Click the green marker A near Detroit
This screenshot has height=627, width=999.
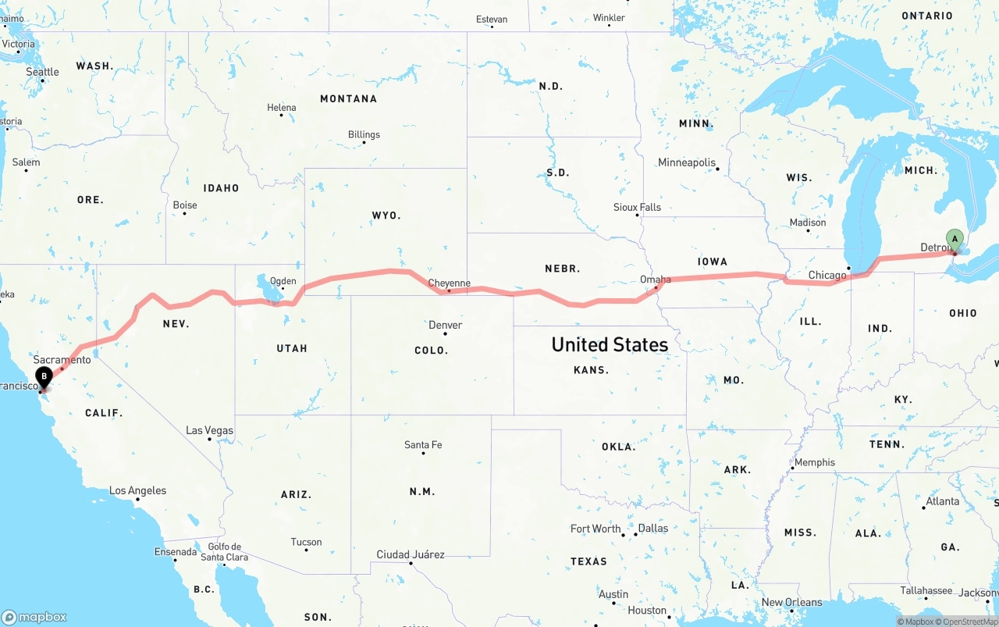click(x=954, y=240)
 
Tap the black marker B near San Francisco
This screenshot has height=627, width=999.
click(x=44, y=377)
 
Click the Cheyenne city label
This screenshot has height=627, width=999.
click(x=449, y=283)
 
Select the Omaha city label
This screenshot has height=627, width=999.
click(x=655, y=279)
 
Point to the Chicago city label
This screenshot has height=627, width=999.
click(x=827, y=275)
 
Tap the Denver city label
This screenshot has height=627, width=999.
click(x=445, y=325)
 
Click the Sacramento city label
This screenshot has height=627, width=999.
click(x=62, y=359)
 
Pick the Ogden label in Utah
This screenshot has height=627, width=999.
click(x=283, y=281)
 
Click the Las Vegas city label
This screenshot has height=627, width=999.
click(x=209, y=430)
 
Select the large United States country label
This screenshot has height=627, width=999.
click(x=610, y=344)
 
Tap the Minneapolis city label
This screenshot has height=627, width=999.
click(x=687, y=162)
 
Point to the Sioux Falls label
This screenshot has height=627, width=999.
click(x=637, y=207)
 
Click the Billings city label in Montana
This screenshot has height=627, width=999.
click(x=364, y=134)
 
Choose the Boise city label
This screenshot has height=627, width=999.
click(x=185, y=205)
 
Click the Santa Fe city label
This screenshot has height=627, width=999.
click(x=423, y=444)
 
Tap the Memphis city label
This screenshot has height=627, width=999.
click(x=814, y=462)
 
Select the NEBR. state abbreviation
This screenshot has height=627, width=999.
click(x=562, y=269)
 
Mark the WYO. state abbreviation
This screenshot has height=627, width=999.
click(x=386, y=215)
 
